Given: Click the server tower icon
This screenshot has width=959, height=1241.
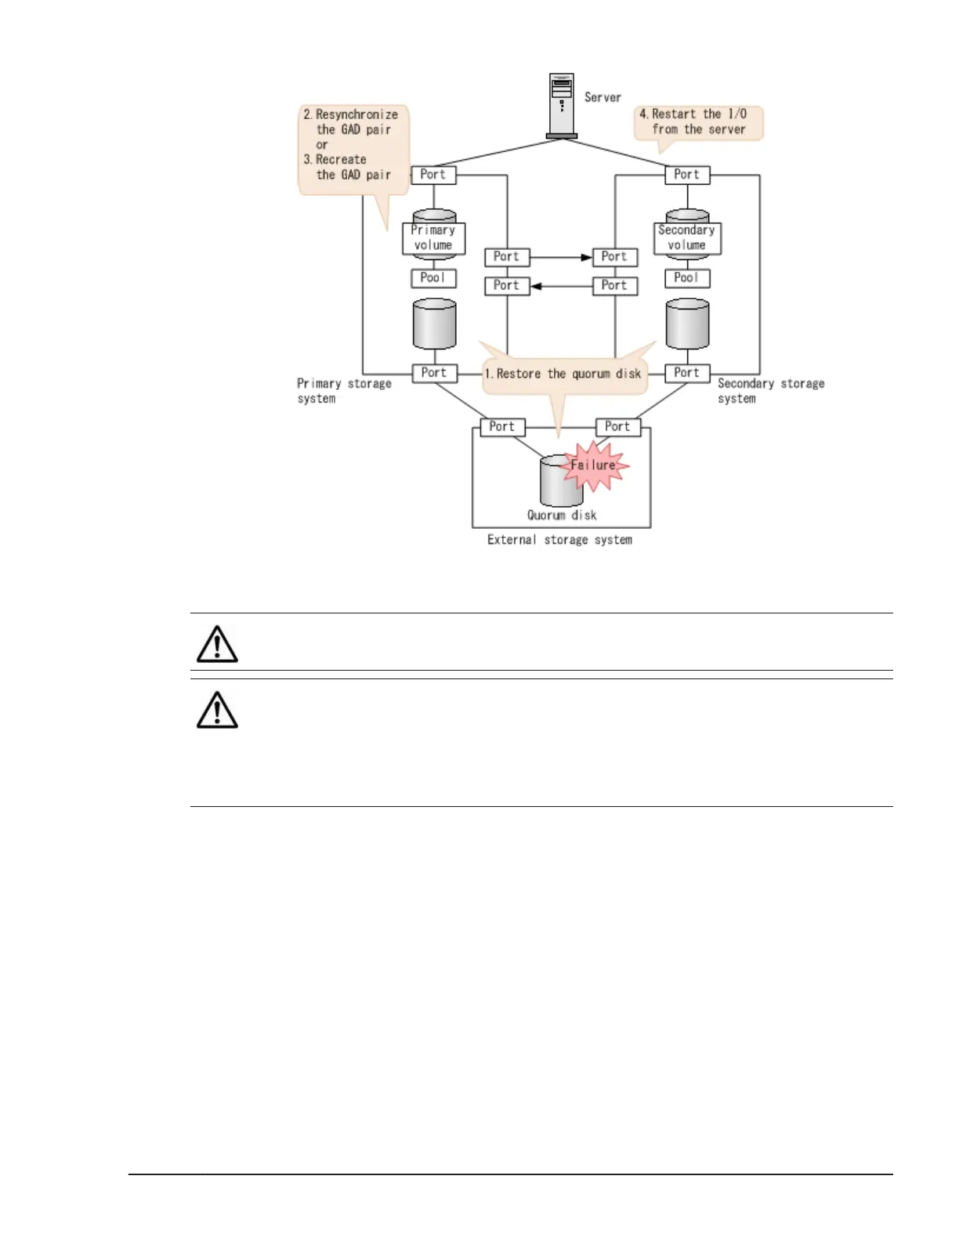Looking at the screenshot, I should point(562,105).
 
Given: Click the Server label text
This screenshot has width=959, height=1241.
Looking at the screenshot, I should point(603,97).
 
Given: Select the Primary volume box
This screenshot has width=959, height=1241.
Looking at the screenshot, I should point(433,237).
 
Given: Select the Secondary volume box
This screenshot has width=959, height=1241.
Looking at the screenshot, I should point(687,237).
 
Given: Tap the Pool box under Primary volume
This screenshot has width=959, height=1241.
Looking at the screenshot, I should point(433,278).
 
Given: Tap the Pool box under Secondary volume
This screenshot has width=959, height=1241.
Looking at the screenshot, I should point(687,278).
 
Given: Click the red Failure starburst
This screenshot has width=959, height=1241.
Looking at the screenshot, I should point(594,465).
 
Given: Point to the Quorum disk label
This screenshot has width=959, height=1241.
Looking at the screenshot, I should point(562,515).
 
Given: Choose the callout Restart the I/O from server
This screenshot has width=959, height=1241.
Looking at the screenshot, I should point(698,122).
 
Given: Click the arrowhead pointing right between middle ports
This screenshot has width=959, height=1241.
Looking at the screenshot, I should point(586,257).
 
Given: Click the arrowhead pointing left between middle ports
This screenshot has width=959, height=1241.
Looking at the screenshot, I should point(537,286).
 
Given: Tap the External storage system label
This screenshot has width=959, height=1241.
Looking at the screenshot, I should point(559,540).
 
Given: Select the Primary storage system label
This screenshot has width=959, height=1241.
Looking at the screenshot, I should point(344,391).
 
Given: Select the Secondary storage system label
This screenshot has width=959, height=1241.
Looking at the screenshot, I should point(771,391).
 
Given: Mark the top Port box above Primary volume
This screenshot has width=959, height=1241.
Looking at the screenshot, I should point(433,175).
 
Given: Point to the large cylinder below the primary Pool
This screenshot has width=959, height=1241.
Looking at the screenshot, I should point(434,324).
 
